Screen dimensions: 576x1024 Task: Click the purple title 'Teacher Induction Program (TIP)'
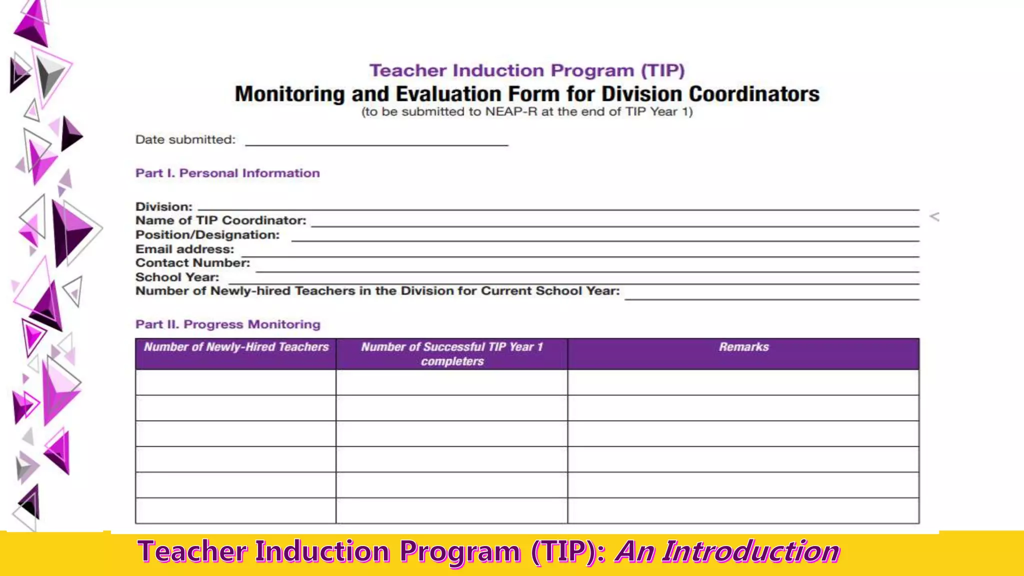click(526, 70)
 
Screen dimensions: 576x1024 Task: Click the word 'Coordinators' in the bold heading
click(754, 94)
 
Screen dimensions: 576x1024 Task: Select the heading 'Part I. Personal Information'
click(227, 173)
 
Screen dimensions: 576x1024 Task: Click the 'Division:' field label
click(163, 206)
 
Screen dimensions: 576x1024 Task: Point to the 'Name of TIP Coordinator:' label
click(220, 220)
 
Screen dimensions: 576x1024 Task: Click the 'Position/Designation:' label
click(207, 234)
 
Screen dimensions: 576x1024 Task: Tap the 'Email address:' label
click(184, 249)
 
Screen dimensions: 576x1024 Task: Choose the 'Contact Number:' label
click(192, 263)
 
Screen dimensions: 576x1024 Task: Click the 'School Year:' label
click(177, 277)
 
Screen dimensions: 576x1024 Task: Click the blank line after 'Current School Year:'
click(771, 295)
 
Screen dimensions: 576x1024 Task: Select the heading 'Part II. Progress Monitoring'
click(227, 324)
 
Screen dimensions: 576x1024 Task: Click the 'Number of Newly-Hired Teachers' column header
click(236, 347)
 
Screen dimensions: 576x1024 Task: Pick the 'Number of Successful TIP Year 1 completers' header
click(451, 353)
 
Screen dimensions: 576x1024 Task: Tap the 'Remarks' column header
click(743, 347)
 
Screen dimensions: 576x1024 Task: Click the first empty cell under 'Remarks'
click(743, 382)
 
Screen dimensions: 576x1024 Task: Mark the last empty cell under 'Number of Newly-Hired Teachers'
click(235, 510)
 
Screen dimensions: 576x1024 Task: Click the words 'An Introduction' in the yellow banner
click(727, 551)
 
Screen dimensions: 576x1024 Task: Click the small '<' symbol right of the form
click(934, 216)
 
